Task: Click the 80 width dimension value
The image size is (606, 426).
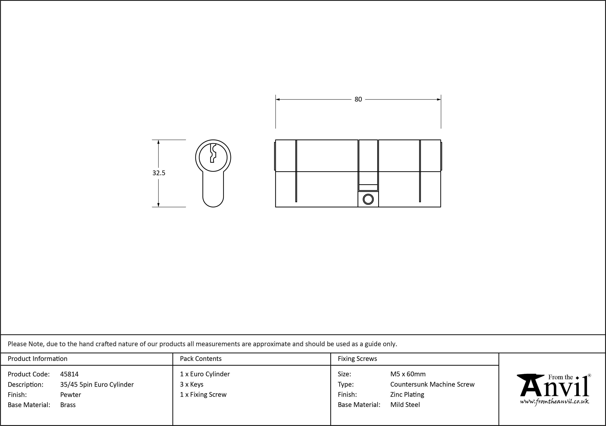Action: click(358, 100)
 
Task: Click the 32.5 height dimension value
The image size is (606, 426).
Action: click(159, 173)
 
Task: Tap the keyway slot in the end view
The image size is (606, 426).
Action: click(213, 154)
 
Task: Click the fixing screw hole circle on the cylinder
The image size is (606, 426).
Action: click(368, 200)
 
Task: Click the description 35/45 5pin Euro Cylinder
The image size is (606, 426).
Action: click(97, 385)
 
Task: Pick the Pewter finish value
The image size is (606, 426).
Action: click(71, 395)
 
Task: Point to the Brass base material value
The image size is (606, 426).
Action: click(68, 405)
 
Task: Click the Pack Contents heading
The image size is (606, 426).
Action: click(201, 359)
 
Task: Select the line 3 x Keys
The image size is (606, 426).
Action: click(192, 385)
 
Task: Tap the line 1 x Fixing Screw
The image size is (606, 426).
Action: click(203, 395)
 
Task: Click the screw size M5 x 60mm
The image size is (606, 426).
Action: click(408, 374)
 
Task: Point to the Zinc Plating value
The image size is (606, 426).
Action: click(407, 395)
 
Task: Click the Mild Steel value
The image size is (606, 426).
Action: click(405, 405)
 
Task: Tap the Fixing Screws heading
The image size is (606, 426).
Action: click(357, 359)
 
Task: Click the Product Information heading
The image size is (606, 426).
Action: click(37, 359)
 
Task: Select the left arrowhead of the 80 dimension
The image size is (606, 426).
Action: click(277, 100)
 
